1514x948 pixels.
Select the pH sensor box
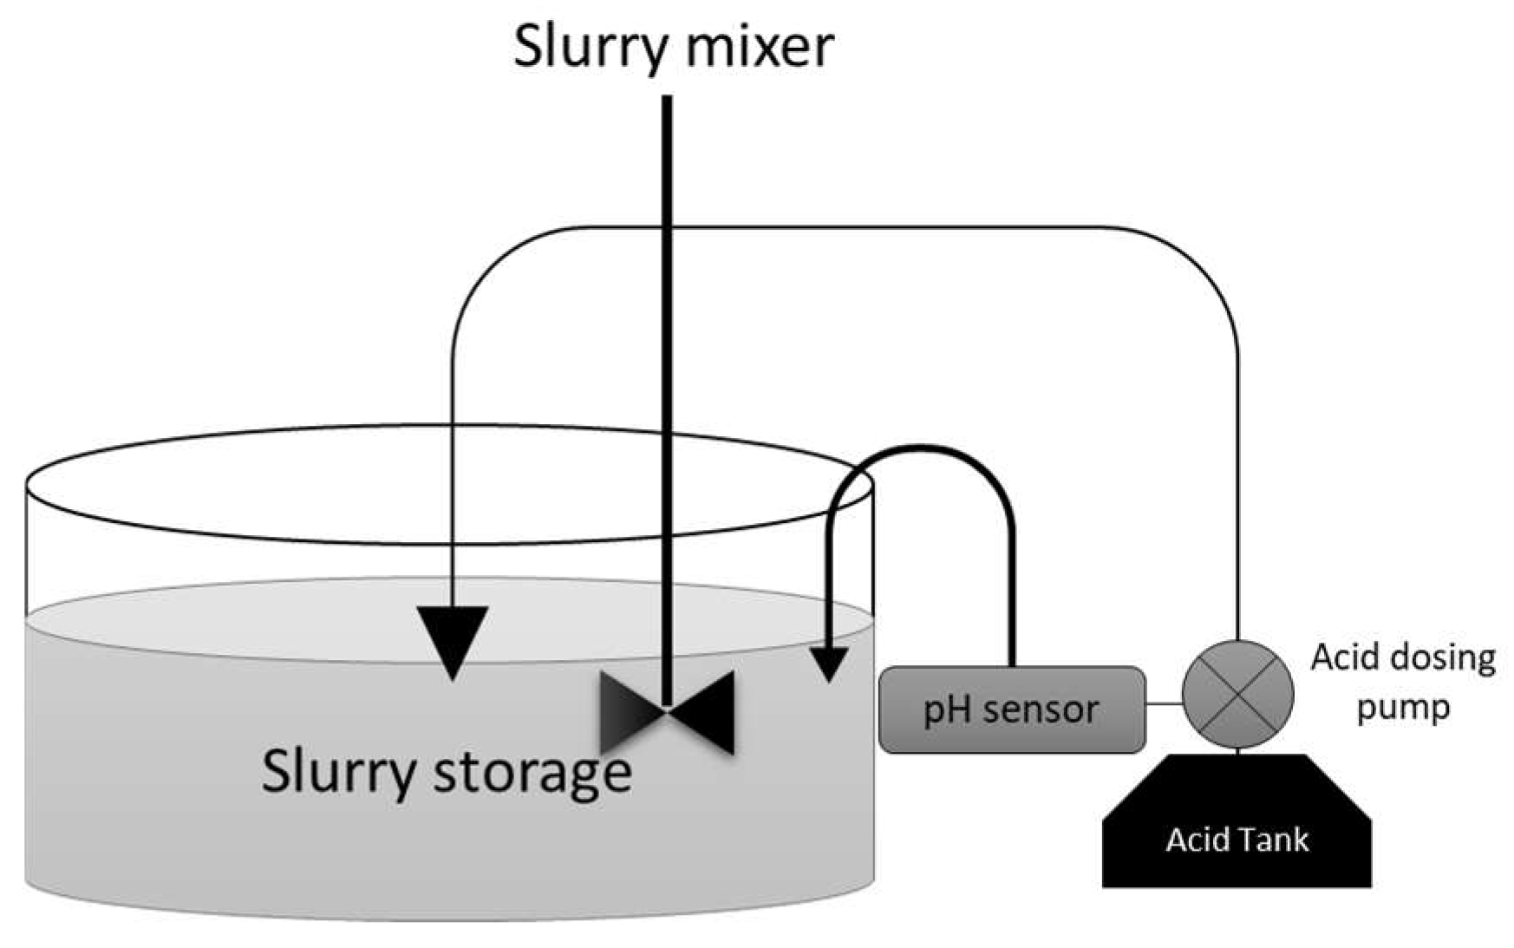(x=1011, y=709)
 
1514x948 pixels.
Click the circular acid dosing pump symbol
(x=1237, y=694)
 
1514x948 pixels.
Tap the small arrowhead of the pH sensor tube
(x=830, y=664)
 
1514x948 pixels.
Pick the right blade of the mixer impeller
(x=703, y=711)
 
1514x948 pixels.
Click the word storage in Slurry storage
(x=532, y=771)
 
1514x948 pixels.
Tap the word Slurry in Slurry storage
(x=338, y=771)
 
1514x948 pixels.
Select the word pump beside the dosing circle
(x=1404, y=707)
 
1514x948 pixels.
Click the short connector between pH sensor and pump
(x=1164, y=703)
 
